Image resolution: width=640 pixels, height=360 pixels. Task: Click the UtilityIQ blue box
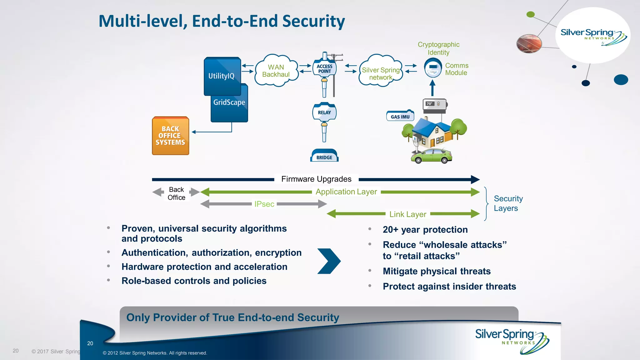[x=222, y=76]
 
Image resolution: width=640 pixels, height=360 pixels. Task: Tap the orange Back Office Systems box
[x=170, y=136]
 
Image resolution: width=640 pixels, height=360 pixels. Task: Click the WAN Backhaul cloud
[x=276, y=71]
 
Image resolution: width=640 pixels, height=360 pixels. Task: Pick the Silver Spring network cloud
[x=380, y=73]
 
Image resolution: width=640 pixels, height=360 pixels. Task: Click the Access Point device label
[x=324, y=69]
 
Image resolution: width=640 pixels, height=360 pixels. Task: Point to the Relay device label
[x=324, y=112]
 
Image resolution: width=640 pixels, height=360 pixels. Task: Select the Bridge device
[x=324, y=156]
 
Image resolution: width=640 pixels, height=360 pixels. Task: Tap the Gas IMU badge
[x=400, y=116]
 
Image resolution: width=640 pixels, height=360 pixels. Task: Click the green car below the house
[x=431, y=156]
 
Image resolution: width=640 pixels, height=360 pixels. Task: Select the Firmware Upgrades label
[x=316, y=179]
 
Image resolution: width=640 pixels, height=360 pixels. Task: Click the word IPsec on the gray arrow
[x=264, y=204]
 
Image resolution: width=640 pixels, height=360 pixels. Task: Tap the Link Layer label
[x=407, y=214]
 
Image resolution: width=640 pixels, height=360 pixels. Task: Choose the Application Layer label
[x=346, y=192]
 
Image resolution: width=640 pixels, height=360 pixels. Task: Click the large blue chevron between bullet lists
[x=329, y=261]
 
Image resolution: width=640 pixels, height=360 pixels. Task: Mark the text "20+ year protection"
[x=425, y=230]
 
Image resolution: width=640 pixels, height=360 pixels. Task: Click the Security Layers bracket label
[x=508, y=203]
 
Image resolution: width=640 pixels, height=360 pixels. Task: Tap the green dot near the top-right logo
[x=530, y=14]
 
